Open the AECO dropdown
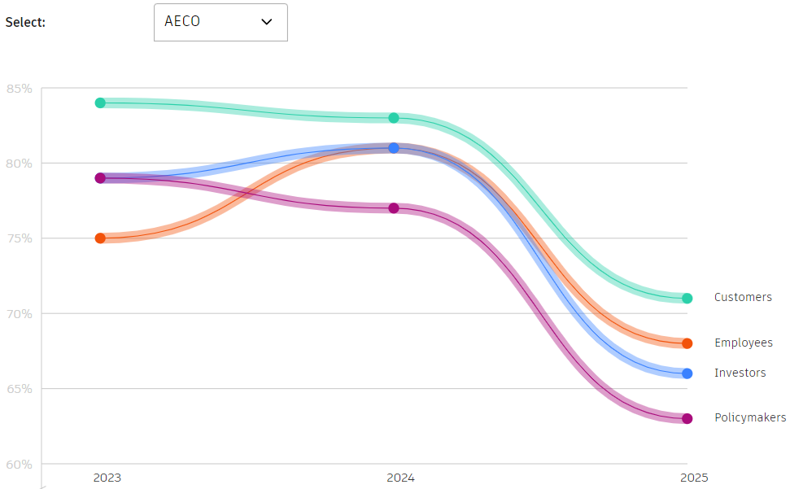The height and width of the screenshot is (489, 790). pos(220,22)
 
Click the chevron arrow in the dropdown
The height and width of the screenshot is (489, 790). pos(266,22)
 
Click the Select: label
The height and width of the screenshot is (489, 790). pos(25,22)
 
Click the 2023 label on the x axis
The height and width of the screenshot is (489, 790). pos(107,478)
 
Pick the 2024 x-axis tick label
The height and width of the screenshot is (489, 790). pos(400,478)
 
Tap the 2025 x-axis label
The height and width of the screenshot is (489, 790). pos(694,478)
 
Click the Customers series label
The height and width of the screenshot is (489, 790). pos(743,298)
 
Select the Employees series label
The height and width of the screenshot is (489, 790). pos(744,343)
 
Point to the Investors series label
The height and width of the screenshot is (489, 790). pos(740,373)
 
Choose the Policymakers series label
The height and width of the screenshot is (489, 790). pos(750,418)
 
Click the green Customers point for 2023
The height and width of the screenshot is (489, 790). pos(100,103)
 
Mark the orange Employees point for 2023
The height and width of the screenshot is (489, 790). pos(100,238)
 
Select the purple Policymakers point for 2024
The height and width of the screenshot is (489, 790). pos(394,208)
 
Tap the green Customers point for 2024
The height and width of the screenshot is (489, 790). pos(394,118)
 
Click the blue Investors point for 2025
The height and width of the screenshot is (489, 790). pos(687,373)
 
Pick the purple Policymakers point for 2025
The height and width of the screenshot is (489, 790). pos(687,419)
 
